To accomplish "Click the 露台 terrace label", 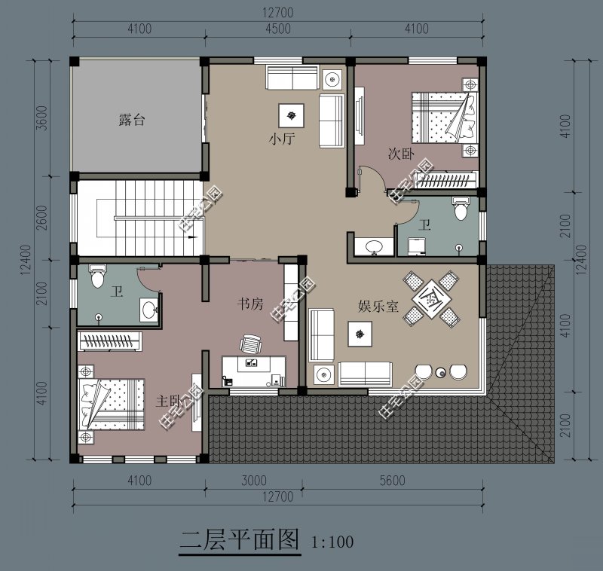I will pos(132,120).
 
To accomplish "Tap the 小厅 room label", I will pos(281,139).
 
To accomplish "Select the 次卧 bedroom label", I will pos(400,154).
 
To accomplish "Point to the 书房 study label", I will pos(250,304).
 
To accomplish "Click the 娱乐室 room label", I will pos(378,307).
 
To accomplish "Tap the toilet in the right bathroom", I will pos(461,208).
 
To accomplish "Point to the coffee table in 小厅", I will pos(291,115).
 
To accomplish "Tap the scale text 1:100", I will pos(332,541).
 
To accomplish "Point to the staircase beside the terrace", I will pos(139,218).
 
